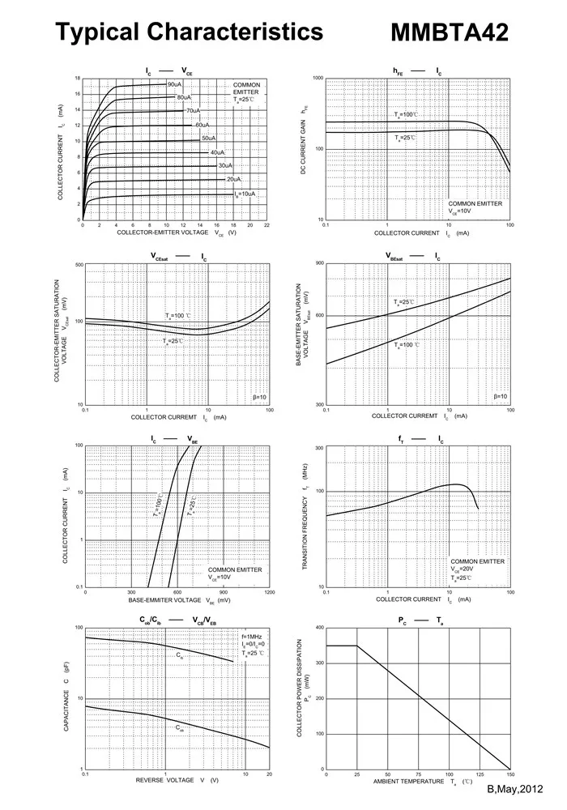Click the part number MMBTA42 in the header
click(450, 33)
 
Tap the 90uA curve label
click(175, 84)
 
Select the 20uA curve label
click(234, 179)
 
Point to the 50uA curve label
click(209, 139)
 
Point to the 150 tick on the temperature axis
click(510, 774)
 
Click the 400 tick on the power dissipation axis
click(320, 628)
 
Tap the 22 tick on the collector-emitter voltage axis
click(266, 225)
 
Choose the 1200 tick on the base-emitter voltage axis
click(269, 592)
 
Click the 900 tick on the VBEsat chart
click(320, 264)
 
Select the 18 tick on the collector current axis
click(78, 79)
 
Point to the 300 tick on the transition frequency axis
click(320, 448)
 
